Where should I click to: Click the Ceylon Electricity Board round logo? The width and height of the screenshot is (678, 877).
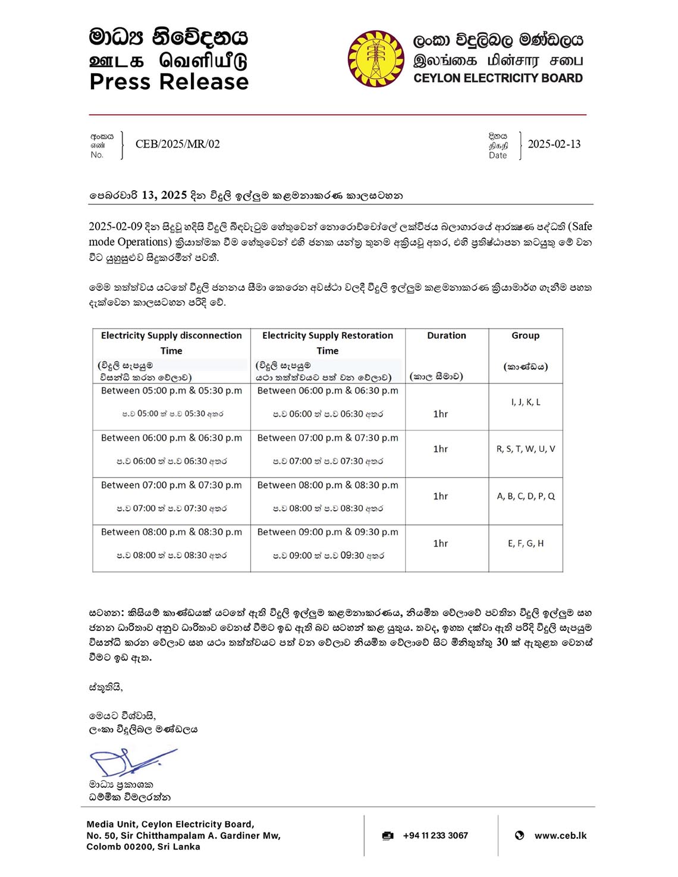click(376, 59)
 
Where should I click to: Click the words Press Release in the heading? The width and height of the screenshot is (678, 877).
click(169, 82)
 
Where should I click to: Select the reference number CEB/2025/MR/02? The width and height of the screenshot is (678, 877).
click(177, 144)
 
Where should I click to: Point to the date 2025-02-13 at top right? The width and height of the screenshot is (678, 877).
click(554, 144)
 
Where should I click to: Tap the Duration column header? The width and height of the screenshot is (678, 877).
click(446, 335)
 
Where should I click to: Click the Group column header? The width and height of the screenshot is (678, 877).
click(525, 335)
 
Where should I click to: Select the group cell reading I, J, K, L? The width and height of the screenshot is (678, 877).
click(526, 402)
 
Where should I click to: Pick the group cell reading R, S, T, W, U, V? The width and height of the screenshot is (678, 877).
click(526, 449)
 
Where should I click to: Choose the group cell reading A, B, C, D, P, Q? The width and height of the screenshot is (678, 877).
click(526, 496)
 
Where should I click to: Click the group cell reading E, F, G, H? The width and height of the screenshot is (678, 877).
click(526, 543)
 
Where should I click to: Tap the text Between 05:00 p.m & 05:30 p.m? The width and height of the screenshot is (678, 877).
click(171, 391)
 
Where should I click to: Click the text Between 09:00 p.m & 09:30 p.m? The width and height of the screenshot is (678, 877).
click(328, 532)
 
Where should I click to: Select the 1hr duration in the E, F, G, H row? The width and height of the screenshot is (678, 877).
click(441, 543)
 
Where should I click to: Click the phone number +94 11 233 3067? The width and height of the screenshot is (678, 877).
click(435, 835)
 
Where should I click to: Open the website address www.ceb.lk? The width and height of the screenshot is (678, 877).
click(560, 835)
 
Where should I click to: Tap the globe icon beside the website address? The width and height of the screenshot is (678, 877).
click(519, 835)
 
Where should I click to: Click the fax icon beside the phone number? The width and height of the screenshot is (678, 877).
click(388, 835)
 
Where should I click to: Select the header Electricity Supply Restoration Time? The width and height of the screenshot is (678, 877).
click(328, 342)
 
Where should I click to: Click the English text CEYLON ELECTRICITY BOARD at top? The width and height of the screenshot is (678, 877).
click(498, 78)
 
